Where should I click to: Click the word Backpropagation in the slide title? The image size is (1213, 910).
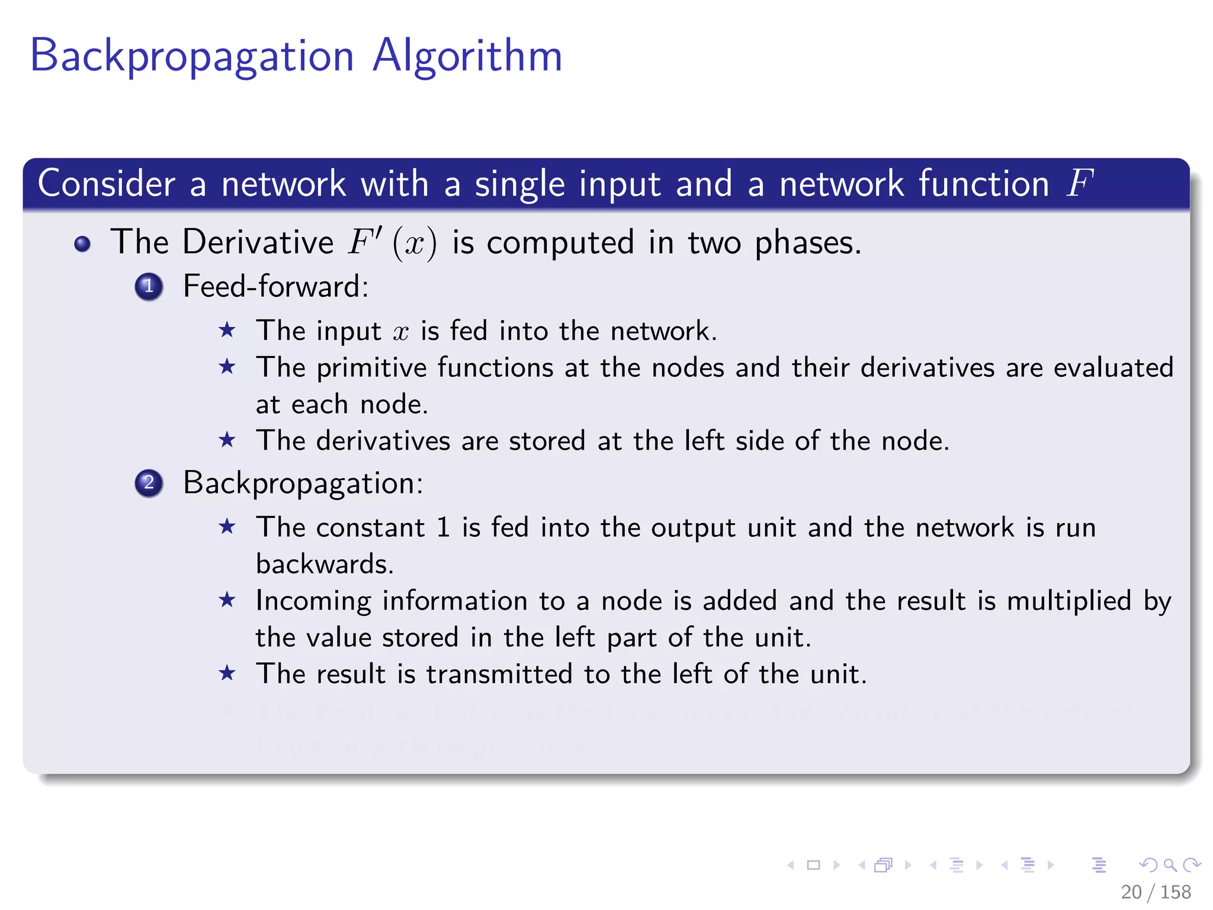click(x=191, y=56)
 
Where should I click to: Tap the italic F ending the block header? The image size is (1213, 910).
click(x=1079, y=183)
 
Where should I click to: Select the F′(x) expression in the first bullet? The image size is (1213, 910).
click(x=392, y=242)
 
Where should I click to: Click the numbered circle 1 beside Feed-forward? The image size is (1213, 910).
click(x=149, y=287)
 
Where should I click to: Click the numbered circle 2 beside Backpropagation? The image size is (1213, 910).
click(x=149, y=483)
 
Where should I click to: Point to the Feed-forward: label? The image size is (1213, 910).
click(x=275, y=287)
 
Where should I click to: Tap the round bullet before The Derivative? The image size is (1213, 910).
click(x=82, y=244)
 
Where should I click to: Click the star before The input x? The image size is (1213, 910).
click(x=227, y=330)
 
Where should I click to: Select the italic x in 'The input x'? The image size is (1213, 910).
click(x=401, y=332)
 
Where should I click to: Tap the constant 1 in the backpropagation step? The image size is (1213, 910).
click(x=443, y=527)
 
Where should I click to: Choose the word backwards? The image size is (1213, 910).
click(x=325, y=564)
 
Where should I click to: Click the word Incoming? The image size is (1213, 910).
click(x=313, y=601)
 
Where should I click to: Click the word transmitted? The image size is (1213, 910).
click(x=499, y=674)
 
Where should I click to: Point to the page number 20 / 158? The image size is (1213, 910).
click(x=1156, y=892)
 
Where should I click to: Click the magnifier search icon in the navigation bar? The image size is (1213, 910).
click(x=1170, y=865)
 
